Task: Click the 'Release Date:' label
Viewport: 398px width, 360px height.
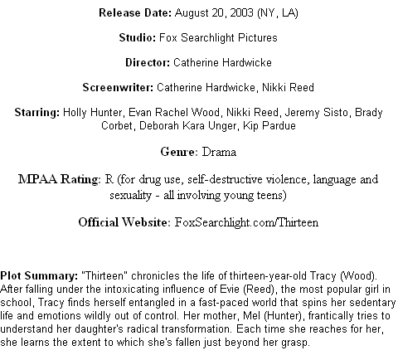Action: click(135, 12)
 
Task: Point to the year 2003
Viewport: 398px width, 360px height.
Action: click(241, 12)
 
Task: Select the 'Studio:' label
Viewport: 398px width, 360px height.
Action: click(138, 37)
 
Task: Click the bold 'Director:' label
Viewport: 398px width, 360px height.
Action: click(148, 62)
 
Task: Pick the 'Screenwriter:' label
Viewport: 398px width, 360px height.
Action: click(118, 87)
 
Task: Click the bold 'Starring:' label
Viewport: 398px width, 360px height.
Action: click(37, 113)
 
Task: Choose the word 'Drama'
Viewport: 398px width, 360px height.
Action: click(219, 152)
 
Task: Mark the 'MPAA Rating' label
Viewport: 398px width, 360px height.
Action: click(58, 179)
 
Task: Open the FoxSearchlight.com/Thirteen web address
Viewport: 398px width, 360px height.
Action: click(246, 222)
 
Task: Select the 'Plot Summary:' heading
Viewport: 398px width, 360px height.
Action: click(39, 276)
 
